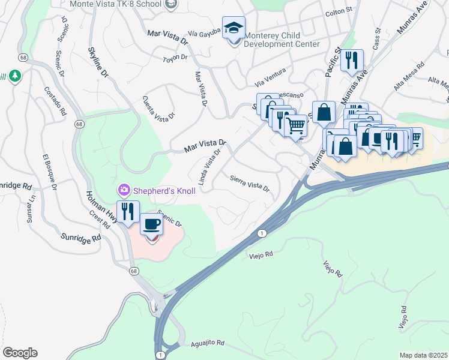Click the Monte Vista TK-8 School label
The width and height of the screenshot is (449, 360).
pyautogui.click(x=115, y=4)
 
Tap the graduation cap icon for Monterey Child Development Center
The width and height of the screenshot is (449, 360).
pyautogui.click(x=234, y=27)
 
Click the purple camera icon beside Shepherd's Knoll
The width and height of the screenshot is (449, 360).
pyautogui.click(x=124, y=191)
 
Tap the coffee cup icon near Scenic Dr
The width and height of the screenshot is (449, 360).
pyautogui.click(x=151, y=224)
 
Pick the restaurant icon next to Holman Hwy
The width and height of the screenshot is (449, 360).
pyautogui.click(x=128, y=211)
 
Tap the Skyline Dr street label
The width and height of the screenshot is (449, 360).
pyautogui.click(x=97, y=62)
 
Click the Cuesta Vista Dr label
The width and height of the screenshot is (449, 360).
pyautogui.click(x=158, y=107)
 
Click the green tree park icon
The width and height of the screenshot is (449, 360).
pyautogui.click(x=15, y=76)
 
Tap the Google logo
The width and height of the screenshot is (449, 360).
pyautogui.click(x=20, y=353)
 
